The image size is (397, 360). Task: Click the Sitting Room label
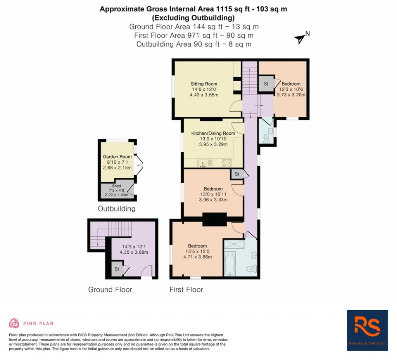(204, 84)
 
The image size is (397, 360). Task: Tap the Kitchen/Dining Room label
(213, 133)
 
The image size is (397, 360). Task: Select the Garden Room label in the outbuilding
(117, 157)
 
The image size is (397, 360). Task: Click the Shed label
(117, 186)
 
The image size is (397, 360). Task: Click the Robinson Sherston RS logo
(367, 330)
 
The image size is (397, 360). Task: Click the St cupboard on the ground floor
(116, 269)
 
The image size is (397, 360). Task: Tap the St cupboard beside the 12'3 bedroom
(266, 84)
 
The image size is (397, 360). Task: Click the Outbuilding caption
(116, 209)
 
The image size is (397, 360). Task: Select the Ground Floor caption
(110, 289)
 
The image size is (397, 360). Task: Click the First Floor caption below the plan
(186, 289)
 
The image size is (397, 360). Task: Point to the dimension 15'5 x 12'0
(197, 251)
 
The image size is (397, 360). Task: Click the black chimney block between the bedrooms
(214, 219)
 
